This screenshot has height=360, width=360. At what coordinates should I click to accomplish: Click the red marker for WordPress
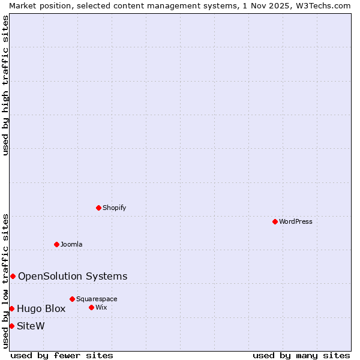point(275,221)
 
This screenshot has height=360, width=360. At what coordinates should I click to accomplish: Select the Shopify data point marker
point(98,208)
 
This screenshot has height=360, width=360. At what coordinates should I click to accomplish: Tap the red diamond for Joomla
point(56,244)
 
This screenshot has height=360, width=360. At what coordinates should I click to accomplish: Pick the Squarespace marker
point(72,299)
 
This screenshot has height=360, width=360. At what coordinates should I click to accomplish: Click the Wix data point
point(91,307)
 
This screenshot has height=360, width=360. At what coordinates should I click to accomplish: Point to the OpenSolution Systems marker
point(13,276)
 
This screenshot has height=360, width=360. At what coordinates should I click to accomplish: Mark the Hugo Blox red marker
point(11,308)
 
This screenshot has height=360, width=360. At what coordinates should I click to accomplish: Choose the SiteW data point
point(11,326)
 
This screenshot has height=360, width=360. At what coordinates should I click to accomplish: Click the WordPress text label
point(296,221)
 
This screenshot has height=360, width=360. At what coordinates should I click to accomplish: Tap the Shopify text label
point(115,208)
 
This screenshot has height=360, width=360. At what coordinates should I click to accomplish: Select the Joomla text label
point(71,244)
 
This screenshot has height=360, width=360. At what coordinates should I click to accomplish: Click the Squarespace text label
point(97,299)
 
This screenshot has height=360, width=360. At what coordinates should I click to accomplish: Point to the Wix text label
point(101,307)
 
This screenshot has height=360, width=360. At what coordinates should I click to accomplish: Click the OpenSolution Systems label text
point(73,276)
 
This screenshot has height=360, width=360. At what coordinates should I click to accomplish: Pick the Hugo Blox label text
point(41,308)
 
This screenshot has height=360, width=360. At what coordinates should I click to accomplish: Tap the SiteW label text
point(31,326)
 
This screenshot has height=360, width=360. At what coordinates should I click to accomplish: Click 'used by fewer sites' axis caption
point(62,355)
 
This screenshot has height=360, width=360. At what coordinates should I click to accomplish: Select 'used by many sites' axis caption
point(301,355)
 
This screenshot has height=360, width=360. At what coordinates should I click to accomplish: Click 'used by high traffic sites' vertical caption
point(5,85)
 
